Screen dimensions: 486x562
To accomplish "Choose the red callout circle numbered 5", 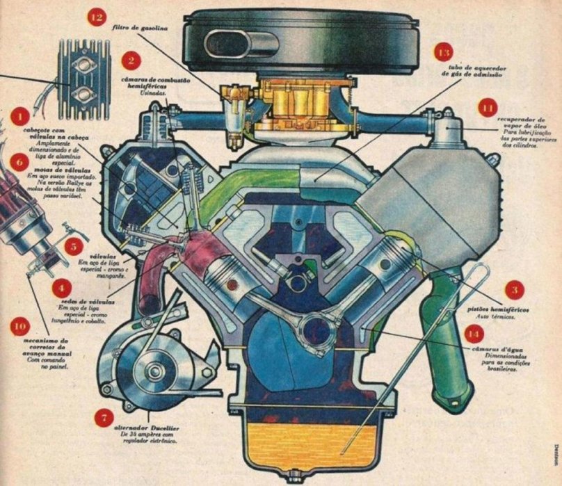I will pos(72,245).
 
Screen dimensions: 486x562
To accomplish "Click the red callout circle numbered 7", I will pos(104,418).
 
